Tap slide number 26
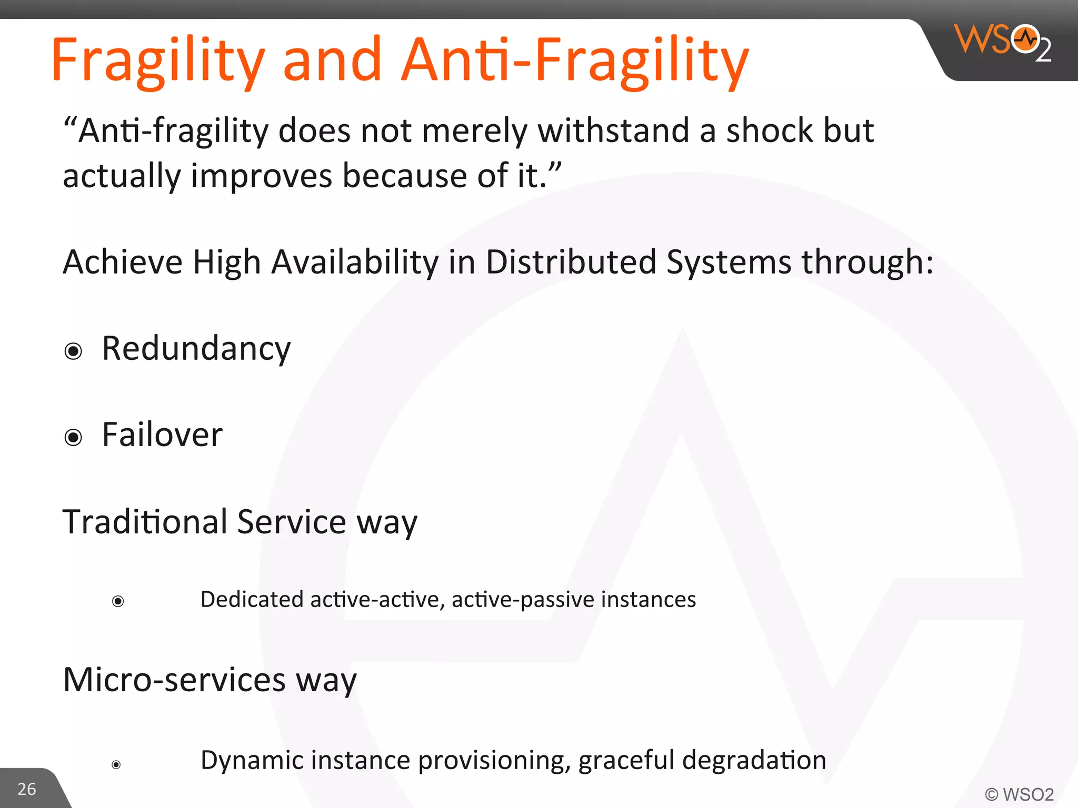[x=27, y=789]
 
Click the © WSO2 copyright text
[x=1019, y=794]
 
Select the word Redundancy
[x=196, y=349]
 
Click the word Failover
[x=162, y=436]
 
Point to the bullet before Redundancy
[x=73, y=351]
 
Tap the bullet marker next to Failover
[x=73, y=437]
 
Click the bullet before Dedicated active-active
[x=118, y=601]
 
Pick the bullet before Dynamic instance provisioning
[x=116, y=764]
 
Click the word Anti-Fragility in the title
[x=575, y=60]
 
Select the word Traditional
[x=145, y=522]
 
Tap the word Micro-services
[x=174, y=680]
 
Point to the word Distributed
[x=571, y=262]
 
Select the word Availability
[x=355, y=262]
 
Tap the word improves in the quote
[x=261, y=176]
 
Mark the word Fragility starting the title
[x=158, y=60]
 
